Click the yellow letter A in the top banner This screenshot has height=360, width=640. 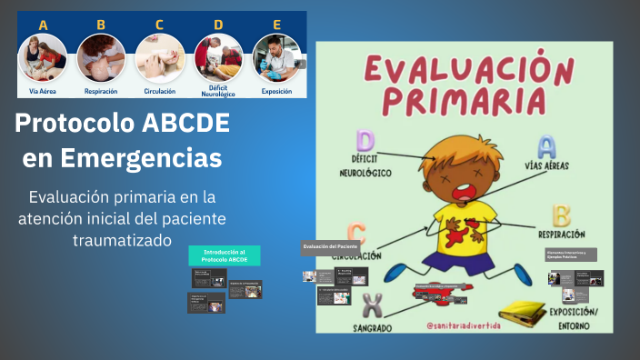click(43, 25)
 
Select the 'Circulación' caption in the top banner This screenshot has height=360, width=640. click(159, 91)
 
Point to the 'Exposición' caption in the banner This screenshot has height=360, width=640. click(276, 91)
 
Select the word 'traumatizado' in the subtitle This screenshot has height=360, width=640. click(123, 241)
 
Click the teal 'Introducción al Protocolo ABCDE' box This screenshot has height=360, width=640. click(224, 255)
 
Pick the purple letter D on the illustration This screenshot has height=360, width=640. click(365, 141)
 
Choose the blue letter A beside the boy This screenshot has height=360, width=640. click(545, 145)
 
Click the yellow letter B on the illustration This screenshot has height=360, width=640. click(561, 215)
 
